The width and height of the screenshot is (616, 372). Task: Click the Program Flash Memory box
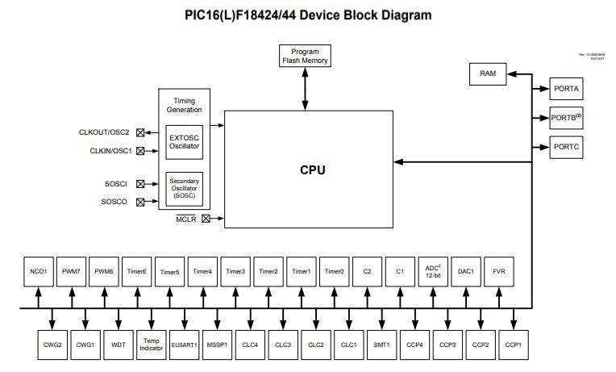coord(305,55)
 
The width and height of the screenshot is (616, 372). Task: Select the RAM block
coord(488,73)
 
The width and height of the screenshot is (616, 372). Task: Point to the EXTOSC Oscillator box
coord(185,141)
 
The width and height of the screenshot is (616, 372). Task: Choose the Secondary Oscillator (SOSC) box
coord(185,188)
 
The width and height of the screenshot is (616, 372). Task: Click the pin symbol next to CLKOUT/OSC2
coord(140,132)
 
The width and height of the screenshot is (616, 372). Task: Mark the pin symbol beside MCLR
coord(206,218)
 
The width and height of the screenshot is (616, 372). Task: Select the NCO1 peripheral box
coord(38,272)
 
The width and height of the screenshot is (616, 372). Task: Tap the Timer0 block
coord(335,272)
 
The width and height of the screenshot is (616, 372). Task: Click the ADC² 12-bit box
coord(434,272)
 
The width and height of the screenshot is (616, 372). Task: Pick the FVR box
coord(499,272)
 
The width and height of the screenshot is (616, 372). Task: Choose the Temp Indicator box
coord(151,344)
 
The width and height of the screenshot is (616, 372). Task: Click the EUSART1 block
coord(184,344)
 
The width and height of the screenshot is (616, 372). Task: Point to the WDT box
coord(119,344)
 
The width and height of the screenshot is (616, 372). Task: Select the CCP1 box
coord(514,344)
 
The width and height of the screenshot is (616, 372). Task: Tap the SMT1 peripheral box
coord(381,344)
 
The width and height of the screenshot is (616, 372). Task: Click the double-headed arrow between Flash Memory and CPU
coord(305,90)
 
